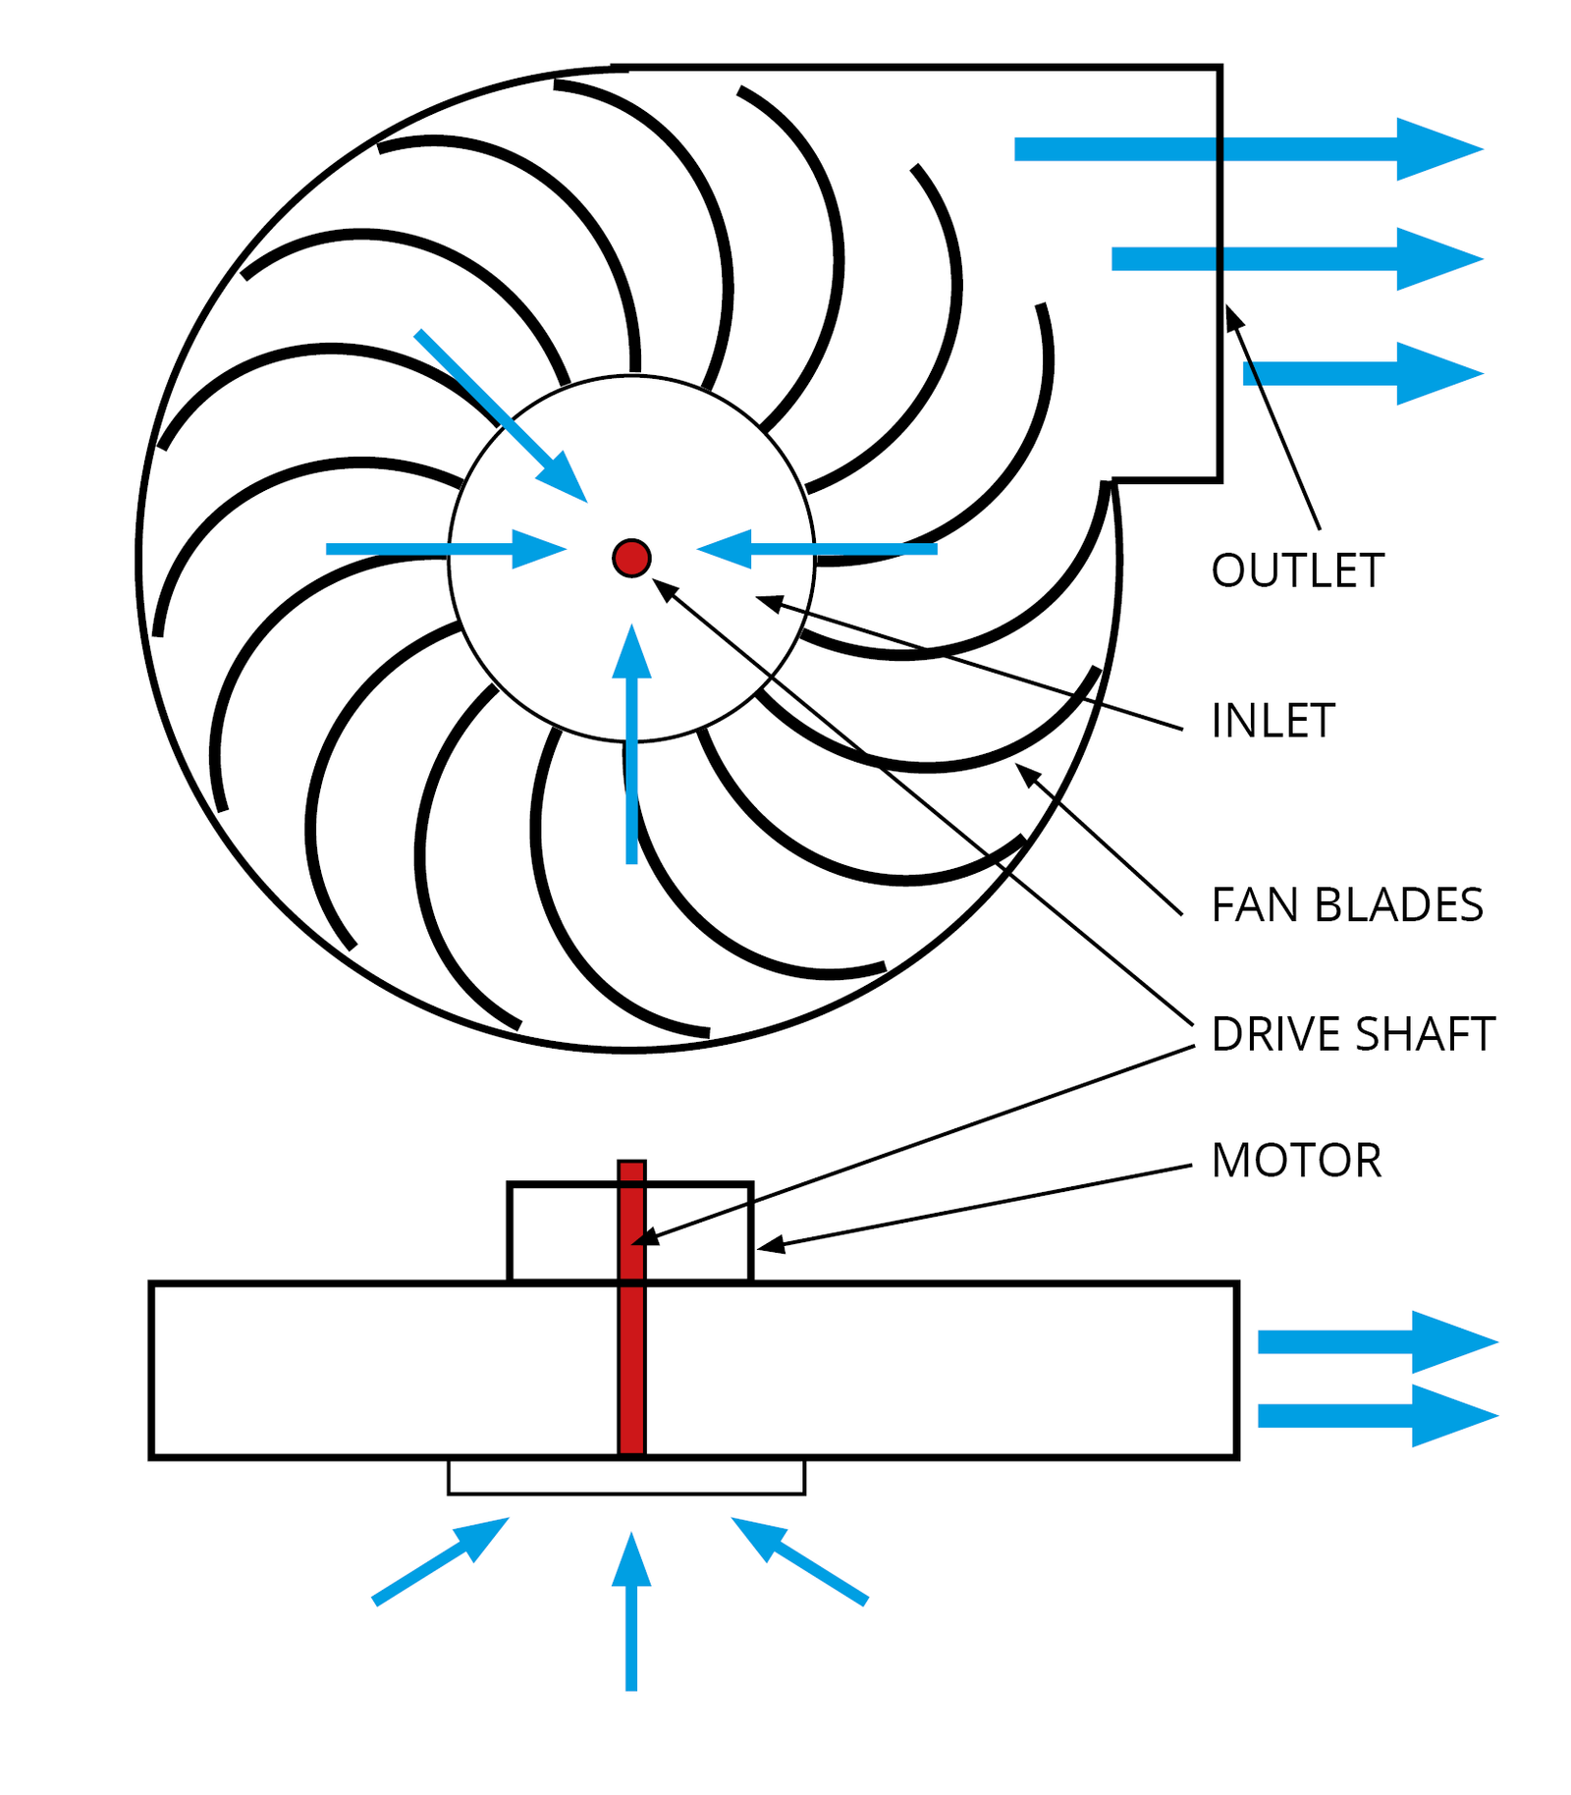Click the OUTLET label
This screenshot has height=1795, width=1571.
[1296, 571]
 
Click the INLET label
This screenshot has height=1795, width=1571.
[1273, 721]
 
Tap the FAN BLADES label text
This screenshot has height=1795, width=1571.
[1346, 904]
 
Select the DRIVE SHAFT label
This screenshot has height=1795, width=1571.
[1352, 1034]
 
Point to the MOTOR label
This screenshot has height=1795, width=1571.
[1296, 1161]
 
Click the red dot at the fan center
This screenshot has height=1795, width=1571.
[631, 558]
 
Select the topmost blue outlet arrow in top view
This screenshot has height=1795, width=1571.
[1247, 149]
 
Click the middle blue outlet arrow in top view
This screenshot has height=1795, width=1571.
[1296, 259]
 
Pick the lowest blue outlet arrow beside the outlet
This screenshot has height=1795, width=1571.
[1365, 373]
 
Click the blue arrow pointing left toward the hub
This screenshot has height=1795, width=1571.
[815, 549]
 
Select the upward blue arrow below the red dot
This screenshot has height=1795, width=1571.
[631, 746]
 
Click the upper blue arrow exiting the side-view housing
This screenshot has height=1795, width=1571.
[1375, 1341]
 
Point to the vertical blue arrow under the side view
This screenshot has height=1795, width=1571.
[631, 1610]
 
